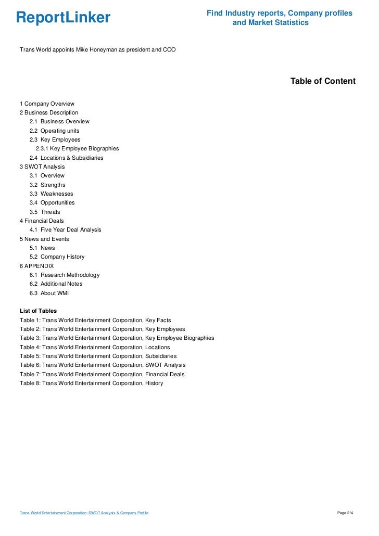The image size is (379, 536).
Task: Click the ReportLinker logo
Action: pyautogui.click(x=64, y=18)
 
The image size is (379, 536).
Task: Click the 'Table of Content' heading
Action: pyautogui.click(x=323, y=81)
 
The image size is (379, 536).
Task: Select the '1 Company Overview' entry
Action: pyautogui.click(x=47, y=104)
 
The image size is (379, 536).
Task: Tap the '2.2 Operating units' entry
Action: pyautogui.click(x=54, y=131)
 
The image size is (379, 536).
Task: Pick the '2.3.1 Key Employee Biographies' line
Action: pyautogui.click(x=77, y=148)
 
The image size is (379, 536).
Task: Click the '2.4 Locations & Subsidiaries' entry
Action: pyautogui.click(x=66, y=158)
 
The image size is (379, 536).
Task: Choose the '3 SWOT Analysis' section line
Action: pyautogui.click(x=42, y=167)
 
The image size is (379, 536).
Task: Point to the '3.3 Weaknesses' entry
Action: pyautogui.click(x=51, y=194)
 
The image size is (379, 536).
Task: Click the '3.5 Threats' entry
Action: pyautogui.click(x=45, y=212)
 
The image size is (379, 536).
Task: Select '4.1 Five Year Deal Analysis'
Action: pyautogui.click(x=65, y=229)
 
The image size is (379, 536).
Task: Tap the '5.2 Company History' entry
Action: pyautogui.click(x=57, y=257)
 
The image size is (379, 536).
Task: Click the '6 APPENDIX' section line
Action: pyautogui.click(x=36, y=266)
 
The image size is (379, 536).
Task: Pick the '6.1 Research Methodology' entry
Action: pyautogui.click(x=65, y=275)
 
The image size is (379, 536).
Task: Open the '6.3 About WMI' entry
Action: pyautogui.click(x=49, y=293)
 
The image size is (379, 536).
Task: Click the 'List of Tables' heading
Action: pyautogui.click(x=39, y=311)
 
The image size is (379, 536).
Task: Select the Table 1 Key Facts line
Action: pyautogui.click(x=95, y=320)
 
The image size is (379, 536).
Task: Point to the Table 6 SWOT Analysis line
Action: pyautogui.click(x=103, y=365)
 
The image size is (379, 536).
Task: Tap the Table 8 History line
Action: pyautogui.click(x=91, y=384)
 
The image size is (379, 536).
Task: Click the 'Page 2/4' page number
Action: pyautogui.click(x=346, y=513)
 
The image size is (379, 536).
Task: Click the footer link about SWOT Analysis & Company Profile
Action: pyautogui.click(x=84, y=513)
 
